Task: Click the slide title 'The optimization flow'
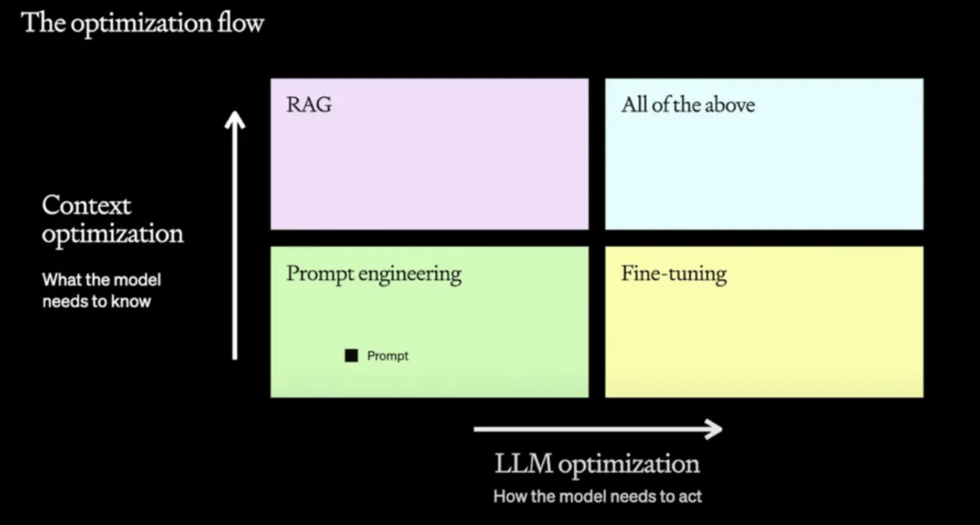(x=142, y=22)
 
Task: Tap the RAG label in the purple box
(x=309, y=105)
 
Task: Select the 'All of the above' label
(x=688, y=105)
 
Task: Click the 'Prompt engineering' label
(x=373, y=274)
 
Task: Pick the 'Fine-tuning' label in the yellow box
(x=674, y=274)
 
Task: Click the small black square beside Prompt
(x=351, y=356)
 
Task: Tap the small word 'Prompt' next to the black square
(x=387, y=356)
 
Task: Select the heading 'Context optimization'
(x=113, y=219)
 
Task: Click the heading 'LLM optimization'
(x=597, y=464)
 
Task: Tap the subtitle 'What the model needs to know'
(x=102, y=290)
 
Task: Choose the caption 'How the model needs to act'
(x=597, y=496)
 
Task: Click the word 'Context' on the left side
(x=87, y=204)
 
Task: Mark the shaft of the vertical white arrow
(x=235, y=245)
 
